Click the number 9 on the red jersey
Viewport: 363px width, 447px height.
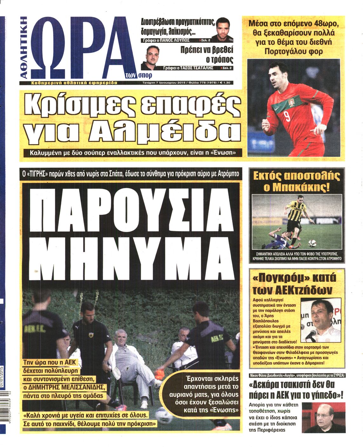pos(287,116)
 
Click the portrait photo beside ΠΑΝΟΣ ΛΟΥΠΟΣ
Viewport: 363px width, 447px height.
pos(222,29)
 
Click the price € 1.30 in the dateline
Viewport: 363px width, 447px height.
pos(225,83)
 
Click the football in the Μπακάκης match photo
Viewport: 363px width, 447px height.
pos(312,244)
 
